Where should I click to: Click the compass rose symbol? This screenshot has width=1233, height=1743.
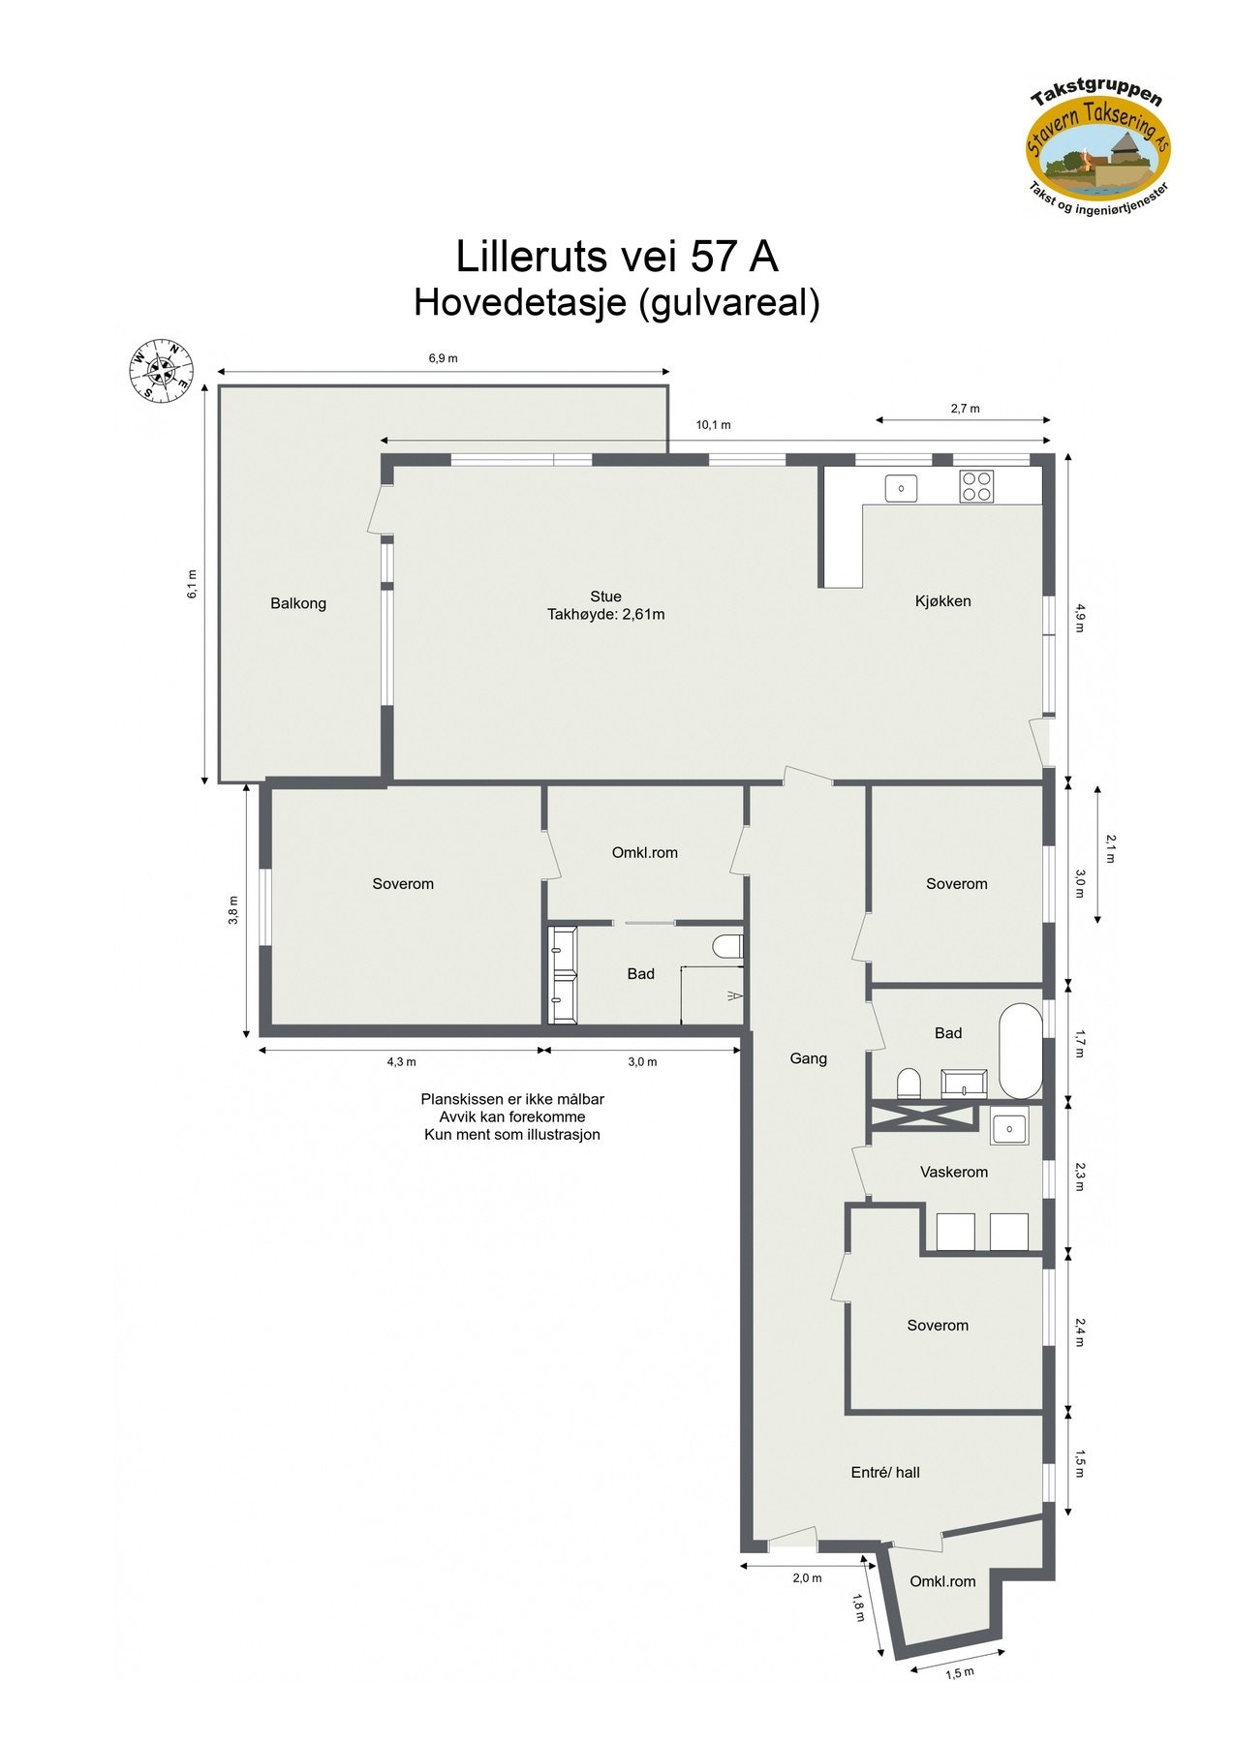point(162,369)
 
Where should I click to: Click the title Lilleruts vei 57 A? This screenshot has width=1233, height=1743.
point(616,257)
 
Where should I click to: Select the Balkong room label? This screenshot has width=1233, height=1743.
point(298,603)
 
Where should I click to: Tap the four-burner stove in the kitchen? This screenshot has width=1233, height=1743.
point(976,486)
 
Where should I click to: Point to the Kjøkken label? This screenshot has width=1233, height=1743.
point(942,601)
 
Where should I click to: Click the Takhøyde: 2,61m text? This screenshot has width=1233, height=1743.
point(605,614)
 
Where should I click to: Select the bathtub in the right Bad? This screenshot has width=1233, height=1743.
point(1019,1051)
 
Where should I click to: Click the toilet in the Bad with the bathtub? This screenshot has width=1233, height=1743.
point(909,1082)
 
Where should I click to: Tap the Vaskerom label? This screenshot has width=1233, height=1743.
point(953,1172)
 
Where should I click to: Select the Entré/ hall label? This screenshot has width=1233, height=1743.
point(884,1472)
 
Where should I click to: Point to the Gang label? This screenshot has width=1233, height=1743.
point(808,1058)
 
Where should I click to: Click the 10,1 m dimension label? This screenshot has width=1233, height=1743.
point(713,425)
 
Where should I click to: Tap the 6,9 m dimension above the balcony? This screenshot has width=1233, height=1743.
point(443,358)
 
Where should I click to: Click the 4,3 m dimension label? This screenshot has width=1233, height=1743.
point(401,1061)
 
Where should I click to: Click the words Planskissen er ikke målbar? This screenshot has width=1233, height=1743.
point(511,1099)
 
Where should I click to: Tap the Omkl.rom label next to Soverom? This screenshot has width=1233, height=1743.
point(644,853)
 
